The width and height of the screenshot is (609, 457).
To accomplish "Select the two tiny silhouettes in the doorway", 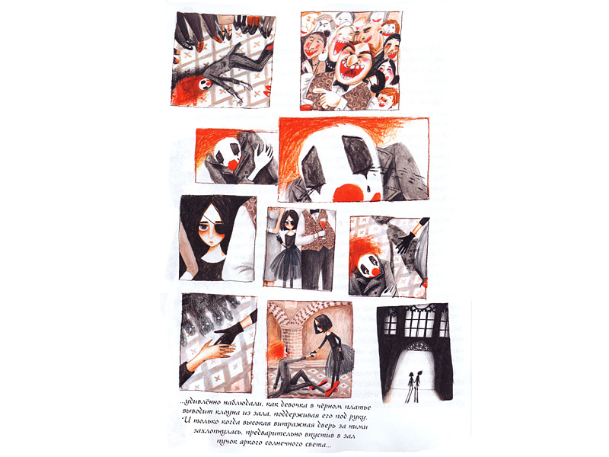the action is pos(413,385).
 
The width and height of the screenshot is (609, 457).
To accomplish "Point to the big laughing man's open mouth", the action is pos(352,71).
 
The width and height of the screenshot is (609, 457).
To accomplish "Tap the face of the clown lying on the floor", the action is pos(205,83).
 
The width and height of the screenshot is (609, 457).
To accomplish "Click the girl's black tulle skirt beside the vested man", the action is pos(286,264).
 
